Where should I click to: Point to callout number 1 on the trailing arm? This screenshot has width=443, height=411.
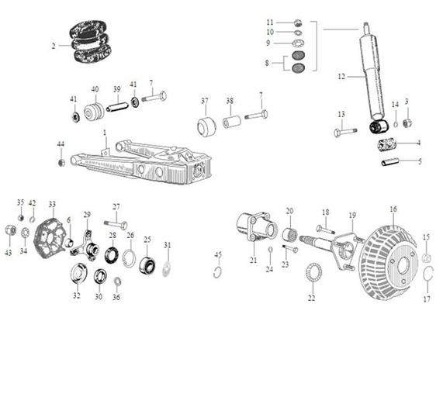(x=105, y=133)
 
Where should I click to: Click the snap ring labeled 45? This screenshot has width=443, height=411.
(x=218, y=270)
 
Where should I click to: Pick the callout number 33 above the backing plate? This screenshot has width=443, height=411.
(x=52, y=204)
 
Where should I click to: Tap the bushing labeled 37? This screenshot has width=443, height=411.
(x=206, y=126)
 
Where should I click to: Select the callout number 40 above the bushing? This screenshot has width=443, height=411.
(x=95, y=89)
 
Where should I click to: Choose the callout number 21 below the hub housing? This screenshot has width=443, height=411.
(x=253, y=259)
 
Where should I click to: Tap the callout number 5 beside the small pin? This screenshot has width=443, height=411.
(x=420, y=161)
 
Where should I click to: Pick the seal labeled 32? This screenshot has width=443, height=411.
(x=77, y=274)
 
